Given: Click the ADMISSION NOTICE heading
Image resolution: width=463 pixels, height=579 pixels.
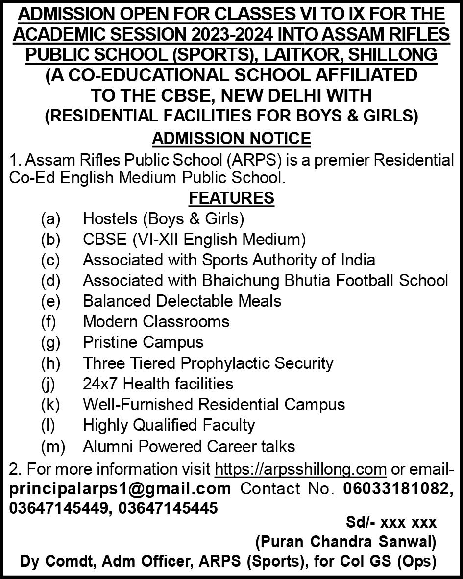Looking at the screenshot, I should [231, 139].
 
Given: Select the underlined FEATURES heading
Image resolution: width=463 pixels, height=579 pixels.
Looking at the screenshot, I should [231, 198].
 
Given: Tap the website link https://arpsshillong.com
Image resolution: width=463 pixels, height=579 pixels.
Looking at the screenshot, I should [301, 469].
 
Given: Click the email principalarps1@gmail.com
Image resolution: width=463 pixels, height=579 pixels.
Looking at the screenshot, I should [120, 488].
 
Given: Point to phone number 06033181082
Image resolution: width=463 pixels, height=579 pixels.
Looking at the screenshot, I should [397, 488].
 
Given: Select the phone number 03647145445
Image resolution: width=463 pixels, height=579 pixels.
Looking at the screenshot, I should [168, 508].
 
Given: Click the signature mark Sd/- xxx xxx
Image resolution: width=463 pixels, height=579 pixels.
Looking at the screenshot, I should [391, 523].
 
